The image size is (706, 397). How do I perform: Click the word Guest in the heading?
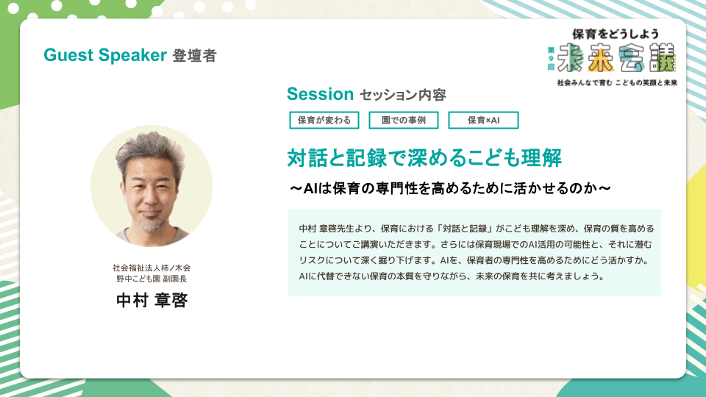68,55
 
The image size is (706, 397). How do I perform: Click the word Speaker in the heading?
133,56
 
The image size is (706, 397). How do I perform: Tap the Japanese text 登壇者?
194,56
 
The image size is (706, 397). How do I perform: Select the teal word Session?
320,94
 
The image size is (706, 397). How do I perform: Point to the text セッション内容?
402,95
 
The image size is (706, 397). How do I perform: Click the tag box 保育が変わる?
324,120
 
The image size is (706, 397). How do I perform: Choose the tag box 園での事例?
404,120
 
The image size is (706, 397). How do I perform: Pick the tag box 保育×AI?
483,120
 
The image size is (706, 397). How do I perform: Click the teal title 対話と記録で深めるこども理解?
424,158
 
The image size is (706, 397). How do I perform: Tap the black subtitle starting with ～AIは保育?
450,188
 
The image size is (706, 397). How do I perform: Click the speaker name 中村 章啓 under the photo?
151,300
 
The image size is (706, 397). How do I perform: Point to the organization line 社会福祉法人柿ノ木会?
151,268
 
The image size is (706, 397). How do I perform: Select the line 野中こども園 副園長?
151,279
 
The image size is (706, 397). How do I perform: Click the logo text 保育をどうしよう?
616,34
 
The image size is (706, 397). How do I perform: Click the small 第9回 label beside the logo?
551,59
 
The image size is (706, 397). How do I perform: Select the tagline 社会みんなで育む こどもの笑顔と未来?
617,83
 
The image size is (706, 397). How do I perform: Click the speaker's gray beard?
149,223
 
